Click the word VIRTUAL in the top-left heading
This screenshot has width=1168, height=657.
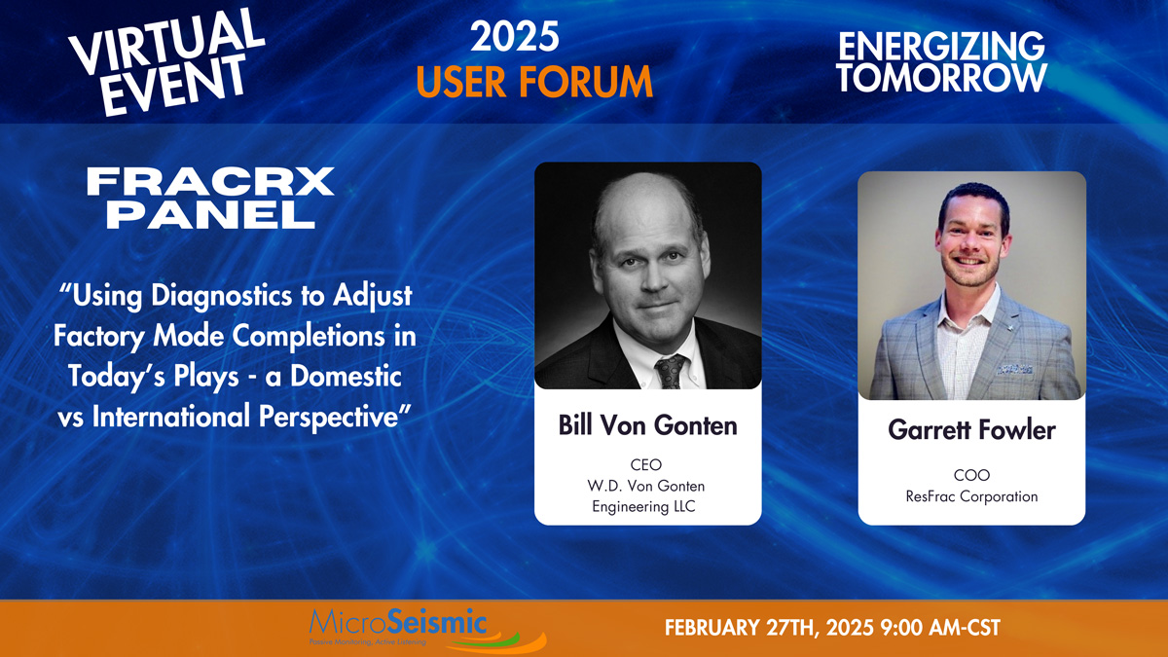pos(166,42)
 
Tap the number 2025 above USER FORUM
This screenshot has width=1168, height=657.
pos(515,37)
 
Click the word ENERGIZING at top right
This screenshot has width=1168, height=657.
pos(941,46)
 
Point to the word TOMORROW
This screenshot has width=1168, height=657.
pos(942,77)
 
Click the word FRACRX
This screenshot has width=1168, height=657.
pos(210,181)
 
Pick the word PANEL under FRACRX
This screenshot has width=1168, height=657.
pos(211,214)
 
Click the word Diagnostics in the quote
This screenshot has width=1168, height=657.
pos(221,296)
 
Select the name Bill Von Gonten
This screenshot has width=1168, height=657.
pos(647,425)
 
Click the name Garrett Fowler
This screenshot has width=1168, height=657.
pos(972,430)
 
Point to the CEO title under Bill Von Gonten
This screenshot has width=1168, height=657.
pos(646,464)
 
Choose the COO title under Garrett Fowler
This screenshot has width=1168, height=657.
pos(971,475)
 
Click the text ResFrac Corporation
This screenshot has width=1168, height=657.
pos(971,496)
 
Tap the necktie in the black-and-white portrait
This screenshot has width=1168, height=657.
pos(670,371)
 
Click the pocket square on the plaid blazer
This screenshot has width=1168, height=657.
pos(1014,370)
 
